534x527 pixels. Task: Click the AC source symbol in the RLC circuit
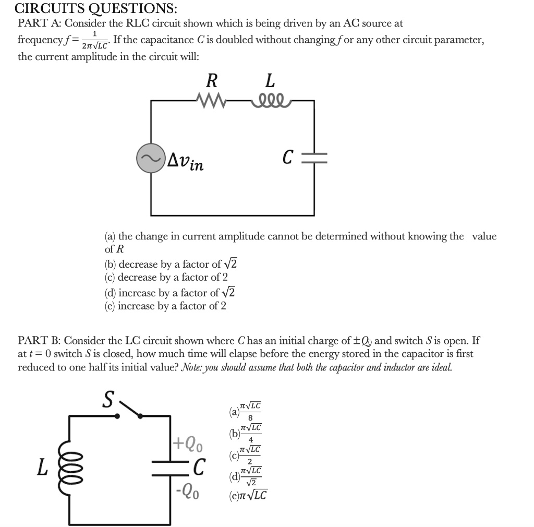(x=151, y=158)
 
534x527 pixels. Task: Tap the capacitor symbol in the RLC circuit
(x=315, y=158)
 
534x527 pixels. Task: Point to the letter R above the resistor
(x=211, y=81)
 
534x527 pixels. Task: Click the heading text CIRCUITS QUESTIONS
(x=96, y=9)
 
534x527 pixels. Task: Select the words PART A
(x=39, y=23)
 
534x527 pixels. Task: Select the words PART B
(x=39, y=341)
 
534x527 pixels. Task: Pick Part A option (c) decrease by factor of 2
(x=166, y=277)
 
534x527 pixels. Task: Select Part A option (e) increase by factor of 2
(x=165, y=306)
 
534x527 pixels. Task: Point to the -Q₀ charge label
(x=187, y=492)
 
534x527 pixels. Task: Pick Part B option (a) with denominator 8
(x=246, y=411)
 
